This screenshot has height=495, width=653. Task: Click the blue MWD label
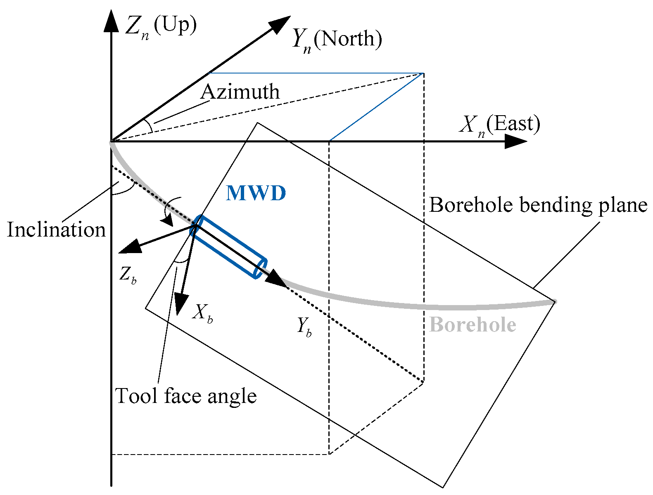click(x=256, y=193)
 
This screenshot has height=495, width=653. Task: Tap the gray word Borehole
click(x=473, y=325)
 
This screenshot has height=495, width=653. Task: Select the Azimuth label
click(x=240, y=92)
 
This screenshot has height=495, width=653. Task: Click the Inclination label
click(x=57, y=230)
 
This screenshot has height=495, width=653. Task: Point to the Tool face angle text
click(x=186, y=396)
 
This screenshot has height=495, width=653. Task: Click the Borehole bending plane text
click(x=538, y=205)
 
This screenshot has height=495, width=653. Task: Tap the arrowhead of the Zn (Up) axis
click(x=112, y=21)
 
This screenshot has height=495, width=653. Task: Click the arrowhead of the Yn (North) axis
click(x=281, y=23)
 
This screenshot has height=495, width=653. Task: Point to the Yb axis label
click(x=304, y=327)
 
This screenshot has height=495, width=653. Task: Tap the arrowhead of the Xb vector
click(x=180, y=303)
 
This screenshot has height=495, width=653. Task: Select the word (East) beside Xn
click(x=513, y=124)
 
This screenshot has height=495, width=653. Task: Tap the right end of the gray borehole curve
click(x=554, y=302)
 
